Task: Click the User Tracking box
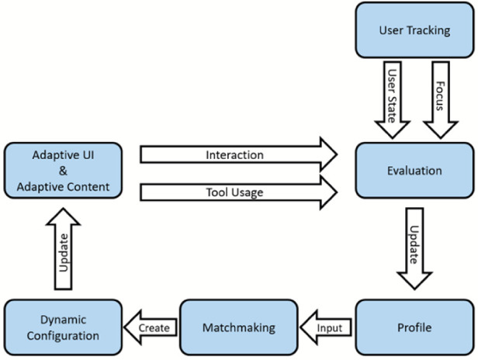(x=414, y=32)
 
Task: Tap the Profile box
(x=414, y=327)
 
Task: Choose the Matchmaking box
(x=240, y=327)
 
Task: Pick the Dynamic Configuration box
(x=62, y=327)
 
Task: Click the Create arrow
(x=151, y=327)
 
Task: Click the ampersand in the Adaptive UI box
(x=62, y=171)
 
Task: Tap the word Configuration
(x=62, y=336)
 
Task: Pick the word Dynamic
(x=62, y=320)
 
